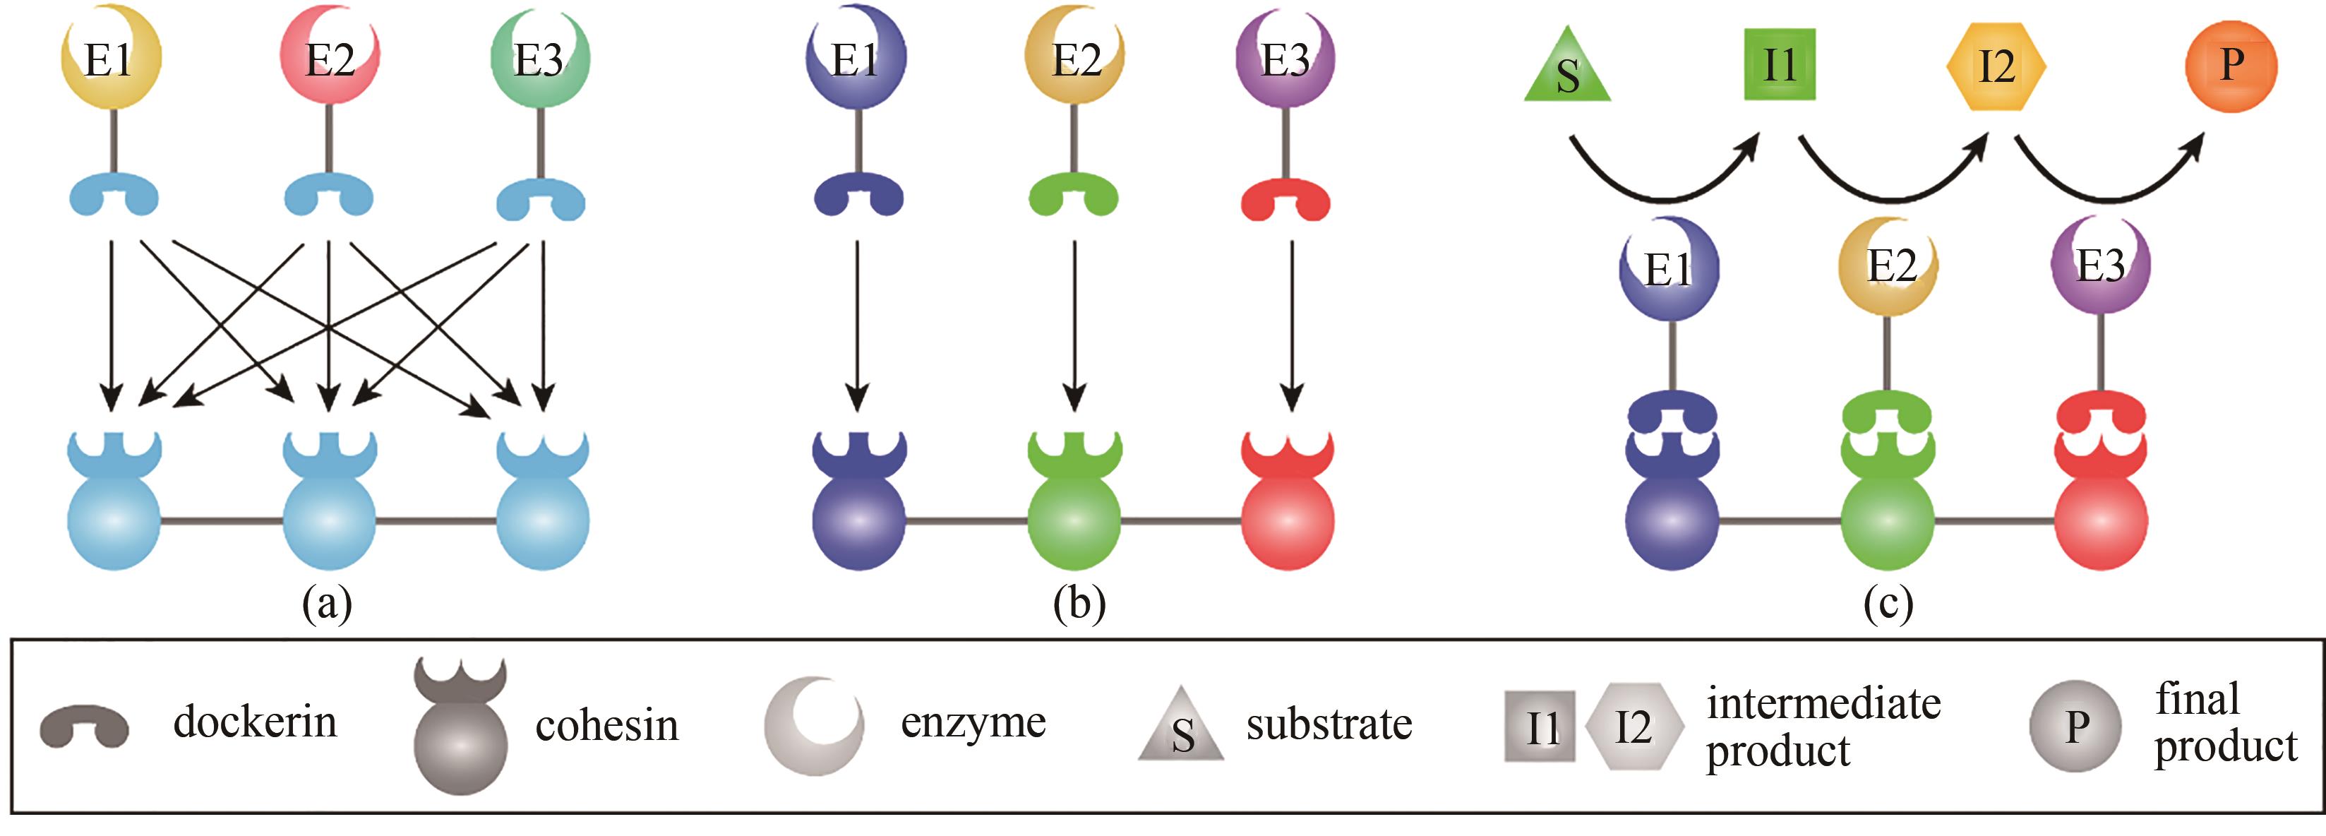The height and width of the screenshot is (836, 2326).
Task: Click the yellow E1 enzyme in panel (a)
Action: pyautogui.click(x=110, y=59)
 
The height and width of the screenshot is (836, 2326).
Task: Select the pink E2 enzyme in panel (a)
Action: pyautogui.click(x=330, y=59)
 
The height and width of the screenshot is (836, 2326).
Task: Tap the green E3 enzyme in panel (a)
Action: pyautogui.click(x=539, y=59)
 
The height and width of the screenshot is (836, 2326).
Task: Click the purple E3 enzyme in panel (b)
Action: pyautogui.click(x=1284, y=59)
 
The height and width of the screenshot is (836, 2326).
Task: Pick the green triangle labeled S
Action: pyautogui.click(x=1566, y=71)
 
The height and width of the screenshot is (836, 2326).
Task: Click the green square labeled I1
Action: pyautogui.click(x=1779, y=65)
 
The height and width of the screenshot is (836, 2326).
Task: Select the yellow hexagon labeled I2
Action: pyautogui.click(x=1996, y=66)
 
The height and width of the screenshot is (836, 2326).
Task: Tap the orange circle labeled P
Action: pyautogui.click(x=2230, y=66)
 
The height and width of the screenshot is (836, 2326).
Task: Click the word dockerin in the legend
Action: pyautogui.click(x=255, y=722)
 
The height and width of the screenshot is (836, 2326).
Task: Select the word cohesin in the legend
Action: pyautogui.click(x=606, y=726)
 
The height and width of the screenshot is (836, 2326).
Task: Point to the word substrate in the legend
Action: pyautogui.click(x=1329, y=724)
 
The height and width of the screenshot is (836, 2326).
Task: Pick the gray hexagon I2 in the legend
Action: pyautogui.click(x=1633, y=726)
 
